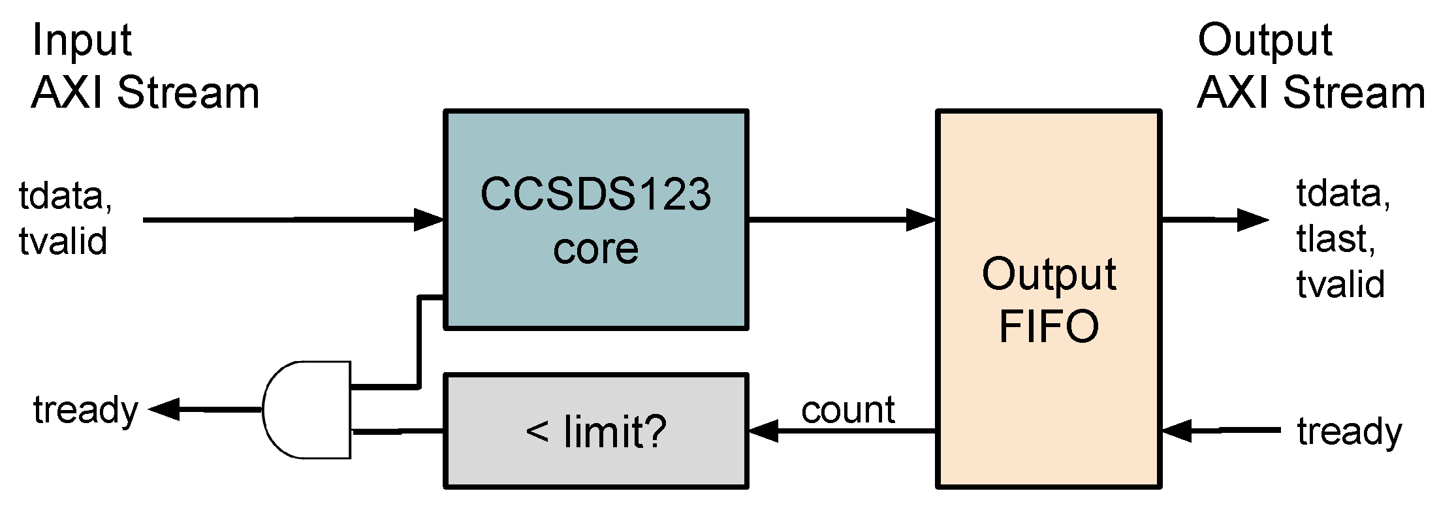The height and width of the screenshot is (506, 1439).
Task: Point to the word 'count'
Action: (x=847, y=410)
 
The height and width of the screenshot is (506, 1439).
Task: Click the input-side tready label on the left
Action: (x=86, y=410)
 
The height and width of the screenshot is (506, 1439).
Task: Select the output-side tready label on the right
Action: (x=1349, y=432)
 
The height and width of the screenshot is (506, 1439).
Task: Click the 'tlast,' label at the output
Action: (x=1336, y=239)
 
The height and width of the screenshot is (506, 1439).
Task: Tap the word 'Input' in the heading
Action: (x=82, y=40)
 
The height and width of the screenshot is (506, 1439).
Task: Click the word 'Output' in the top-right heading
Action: (x=1264, y=40)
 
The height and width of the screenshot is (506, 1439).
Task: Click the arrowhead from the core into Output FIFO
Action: (x=923, y=220)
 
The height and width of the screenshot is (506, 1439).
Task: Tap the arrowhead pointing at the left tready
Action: (x=163, y=409)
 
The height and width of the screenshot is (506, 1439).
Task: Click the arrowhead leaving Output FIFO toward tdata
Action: (x=1254, y=220)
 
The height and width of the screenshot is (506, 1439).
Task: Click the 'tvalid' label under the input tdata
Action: (x=63, y=242)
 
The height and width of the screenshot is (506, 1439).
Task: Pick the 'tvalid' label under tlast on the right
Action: (x=1340, y=285)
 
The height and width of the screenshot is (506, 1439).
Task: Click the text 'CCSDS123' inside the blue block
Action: (x=595, y=195)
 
